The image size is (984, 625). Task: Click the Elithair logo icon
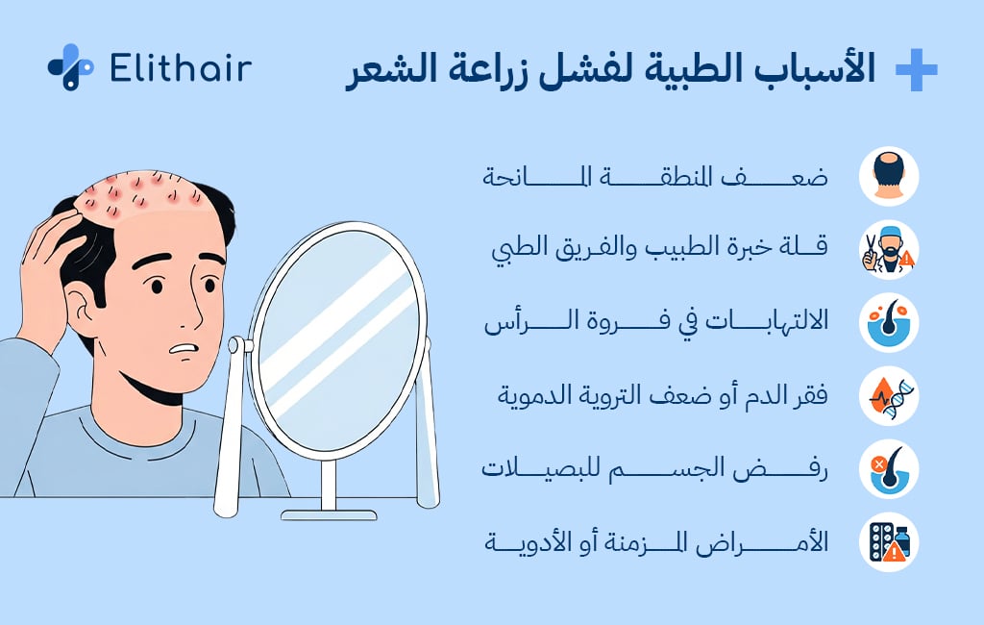[x=70, y=67]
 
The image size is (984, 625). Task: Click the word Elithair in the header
[x=181, y=68]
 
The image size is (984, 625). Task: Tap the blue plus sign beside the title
[x=915, y=70]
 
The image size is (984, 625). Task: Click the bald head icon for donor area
[x=889, y=177]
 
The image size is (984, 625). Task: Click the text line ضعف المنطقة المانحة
[x=654, y=178]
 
